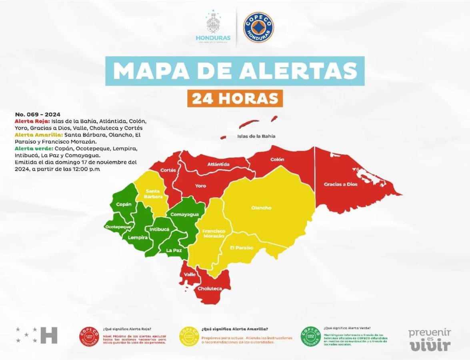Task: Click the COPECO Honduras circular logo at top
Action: click(x=258, y=27)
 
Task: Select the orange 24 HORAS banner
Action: click(x=235, y=98)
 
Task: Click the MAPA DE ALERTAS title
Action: click(x=235, y=71)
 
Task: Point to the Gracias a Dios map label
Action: click(x=340, y=184)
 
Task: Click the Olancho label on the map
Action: click(x=261, y=208)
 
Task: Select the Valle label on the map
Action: click(x=190, y=274)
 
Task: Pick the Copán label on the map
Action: click(x=124, y=204)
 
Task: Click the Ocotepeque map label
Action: click(x=118, y=227)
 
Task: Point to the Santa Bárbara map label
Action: click(x=154, y=194)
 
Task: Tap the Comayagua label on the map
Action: click(x=184, y=214)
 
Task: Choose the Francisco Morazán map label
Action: click(x=213, y=234)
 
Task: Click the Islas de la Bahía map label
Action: click(x=256, y=136)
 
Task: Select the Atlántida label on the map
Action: click(x=218, y=164)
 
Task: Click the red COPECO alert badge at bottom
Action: click(x=89, y=336)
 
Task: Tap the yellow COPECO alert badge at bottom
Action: click(x=189, y=336)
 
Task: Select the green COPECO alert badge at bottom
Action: click(x=310, y=336)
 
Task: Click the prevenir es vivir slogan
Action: click(x=429, y=340)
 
